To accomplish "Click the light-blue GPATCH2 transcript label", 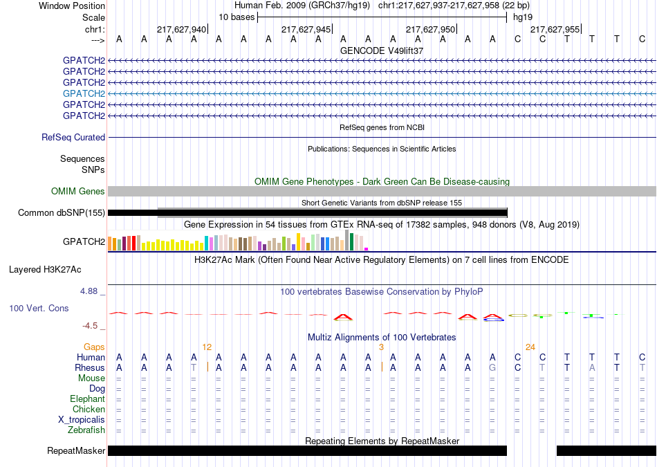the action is [84, 93].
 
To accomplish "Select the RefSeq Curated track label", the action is [73, 137].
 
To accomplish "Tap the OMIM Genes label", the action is [78, 191].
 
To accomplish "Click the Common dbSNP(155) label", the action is [62, 212].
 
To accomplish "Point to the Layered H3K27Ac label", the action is [45, 270].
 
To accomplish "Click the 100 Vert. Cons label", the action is [39, 308].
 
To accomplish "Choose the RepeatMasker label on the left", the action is [76, 450].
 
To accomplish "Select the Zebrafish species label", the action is [86, 430].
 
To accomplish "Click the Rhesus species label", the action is [90, 367].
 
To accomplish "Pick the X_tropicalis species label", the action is [82, 420].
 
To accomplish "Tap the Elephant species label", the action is [88, 399].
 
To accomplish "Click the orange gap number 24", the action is [530, 347].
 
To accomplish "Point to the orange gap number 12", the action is [207, 347].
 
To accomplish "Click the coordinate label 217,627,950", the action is [430, 29].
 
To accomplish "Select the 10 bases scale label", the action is [237, 17].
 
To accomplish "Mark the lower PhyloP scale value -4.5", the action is [90, 326].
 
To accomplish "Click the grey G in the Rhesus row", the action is [492, 367].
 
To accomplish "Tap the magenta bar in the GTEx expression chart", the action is [367, 249].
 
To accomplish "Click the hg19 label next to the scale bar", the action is [523, 17].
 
